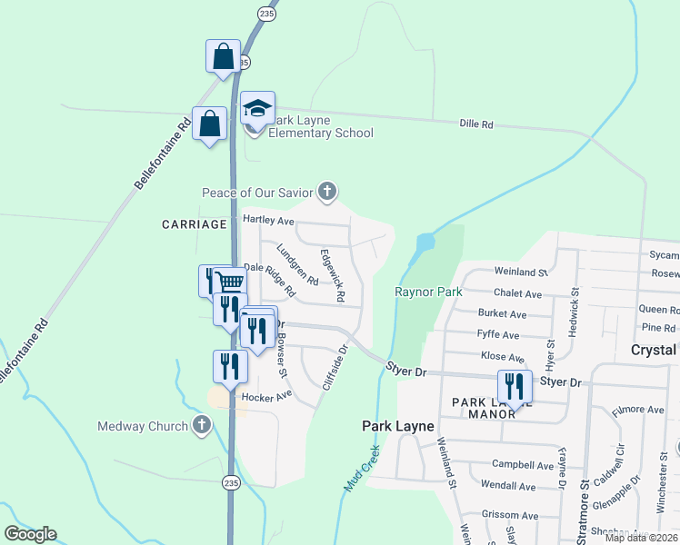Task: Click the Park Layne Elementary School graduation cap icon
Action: (x=258, y=109)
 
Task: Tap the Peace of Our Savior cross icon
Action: (x=327, y=192)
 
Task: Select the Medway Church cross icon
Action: (x=202, y=425)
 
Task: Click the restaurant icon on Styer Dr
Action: (x=515, y=386)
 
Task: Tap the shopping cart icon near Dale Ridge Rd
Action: (x=229, y=282)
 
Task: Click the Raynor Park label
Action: (x=428, y=292)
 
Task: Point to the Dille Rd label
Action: (x=475, y=124)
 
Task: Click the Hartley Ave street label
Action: (x=269, y=221)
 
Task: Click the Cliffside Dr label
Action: (x=335, y=367)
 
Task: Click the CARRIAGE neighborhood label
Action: (x=194, y=223)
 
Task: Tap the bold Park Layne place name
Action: (x=397, y=425)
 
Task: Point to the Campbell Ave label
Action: (x=523, y=465)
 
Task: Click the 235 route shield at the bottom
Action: (x=231, y=484)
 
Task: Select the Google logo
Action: (x=30, y=534)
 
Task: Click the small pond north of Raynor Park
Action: (x=424, y=243)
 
